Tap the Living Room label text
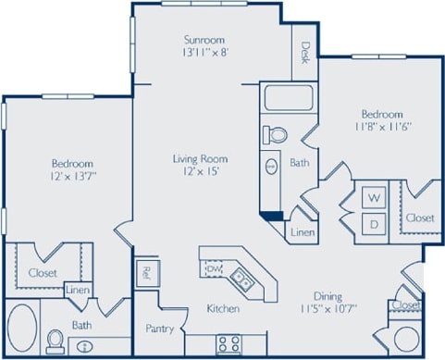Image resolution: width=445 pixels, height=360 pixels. click(x=200, y=159)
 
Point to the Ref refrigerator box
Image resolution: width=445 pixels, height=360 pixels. click(x=145, y=273)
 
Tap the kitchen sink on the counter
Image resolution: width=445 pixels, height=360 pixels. click(x=241, y=276)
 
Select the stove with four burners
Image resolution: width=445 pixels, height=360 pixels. click(x=229, y=343)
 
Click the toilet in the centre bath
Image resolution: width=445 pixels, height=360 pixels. click(x=276, y=135)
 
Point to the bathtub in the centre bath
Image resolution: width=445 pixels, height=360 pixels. click(x=288, y=97)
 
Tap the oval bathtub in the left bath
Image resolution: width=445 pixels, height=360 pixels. click(x=23, y=329)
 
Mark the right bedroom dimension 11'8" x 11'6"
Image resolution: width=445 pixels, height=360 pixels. click(x=382, y=130)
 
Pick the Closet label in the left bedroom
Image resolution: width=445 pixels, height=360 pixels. click(x=42, y=273)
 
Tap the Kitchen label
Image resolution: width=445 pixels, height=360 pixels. click(x=223, y=308)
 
